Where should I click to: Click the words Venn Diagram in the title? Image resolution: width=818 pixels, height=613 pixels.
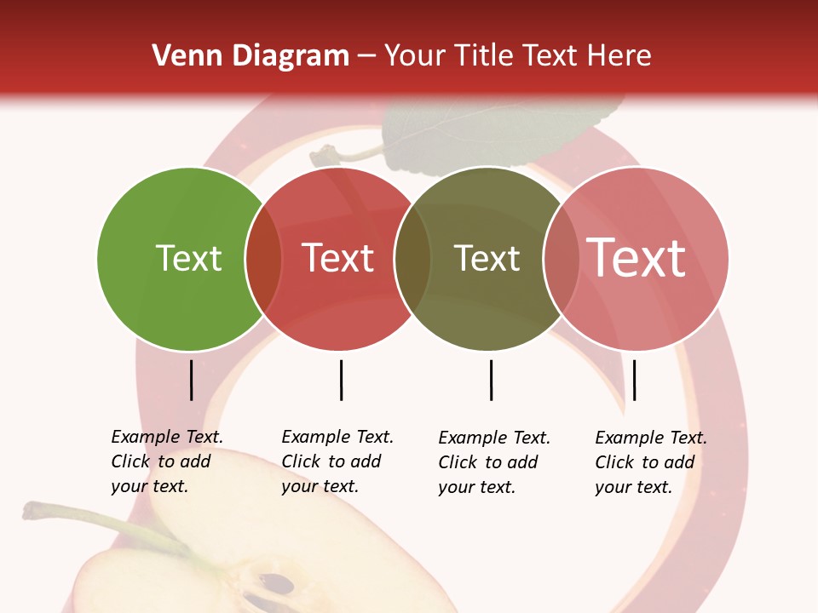coord(251,56)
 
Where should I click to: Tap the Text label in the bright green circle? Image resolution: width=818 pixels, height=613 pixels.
coord(188,258)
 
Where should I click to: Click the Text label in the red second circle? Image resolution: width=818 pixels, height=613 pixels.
coord(338,258)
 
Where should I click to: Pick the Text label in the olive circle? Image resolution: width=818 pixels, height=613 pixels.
coord(487,258)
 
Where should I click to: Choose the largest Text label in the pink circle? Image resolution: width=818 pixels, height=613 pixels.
coord(637,257)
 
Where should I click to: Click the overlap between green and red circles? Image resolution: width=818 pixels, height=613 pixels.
coord(263,259)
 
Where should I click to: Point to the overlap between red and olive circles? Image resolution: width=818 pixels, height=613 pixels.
coord(412,259)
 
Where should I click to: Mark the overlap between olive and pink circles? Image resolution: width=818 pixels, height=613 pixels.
coord(562,259)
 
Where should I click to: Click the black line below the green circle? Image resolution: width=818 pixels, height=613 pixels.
coord(192,380)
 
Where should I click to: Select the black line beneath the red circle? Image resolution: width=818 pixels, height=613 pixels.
coord(341,380)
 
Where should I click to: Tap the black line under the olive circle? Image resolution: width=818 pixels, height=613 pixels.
coord(491,380)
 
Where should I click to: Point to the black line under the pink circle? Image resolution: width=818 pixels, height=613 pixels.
coord(634,380)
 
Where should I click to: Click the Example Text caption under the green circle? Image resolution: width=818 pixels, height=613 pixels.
coord(166,461)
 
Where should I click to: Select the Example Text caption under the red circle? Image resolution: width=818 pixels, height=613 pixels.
coord(337,461)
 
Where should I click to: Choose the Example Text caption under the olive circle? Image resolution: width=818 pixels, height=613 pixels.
coord(493,462)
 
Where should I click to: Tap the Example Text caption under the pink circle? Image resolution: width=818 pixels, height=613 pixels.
coord(650,462)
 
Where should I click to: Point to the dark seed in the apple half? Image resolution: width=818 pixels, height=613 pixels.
coord(277,584)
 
